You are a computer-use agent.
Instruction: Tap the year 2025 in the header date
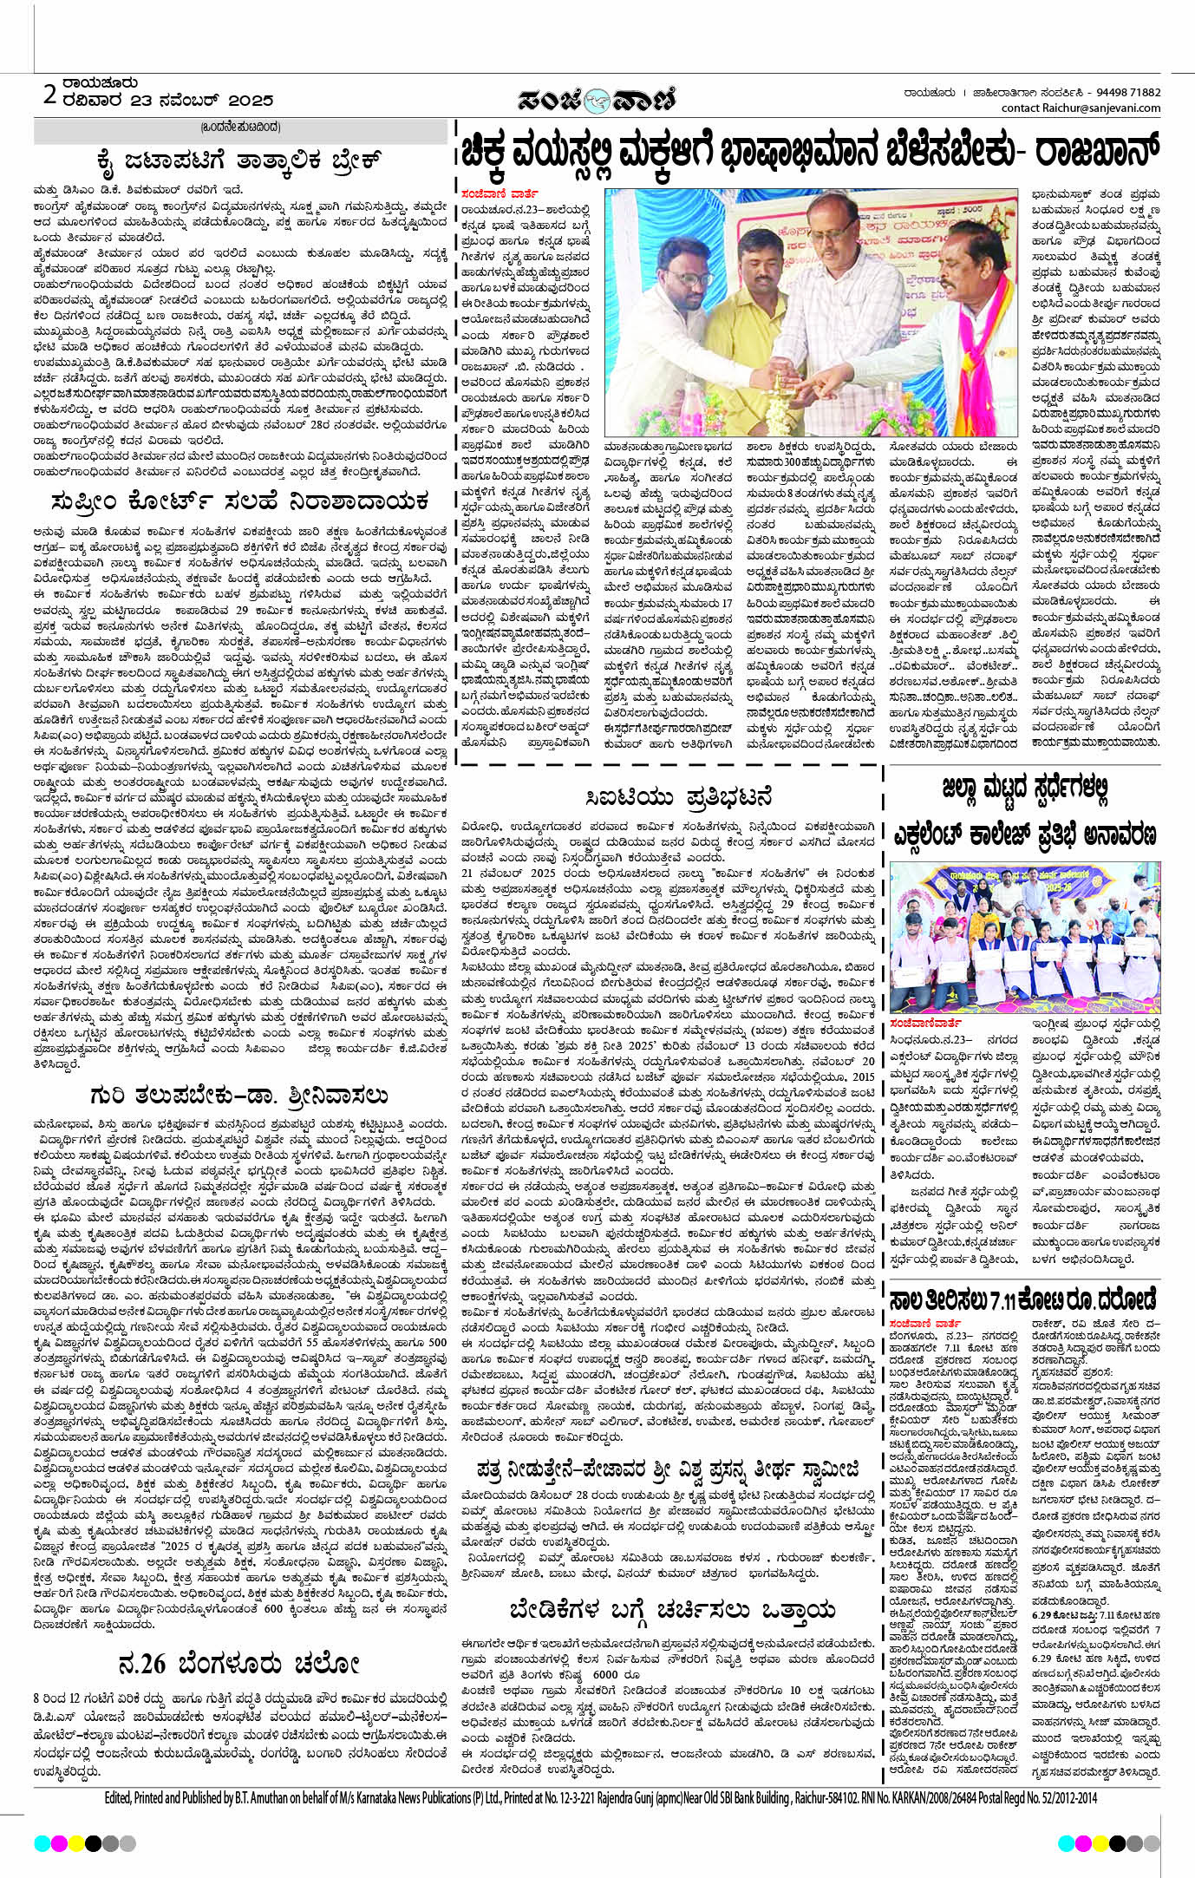point(245,101)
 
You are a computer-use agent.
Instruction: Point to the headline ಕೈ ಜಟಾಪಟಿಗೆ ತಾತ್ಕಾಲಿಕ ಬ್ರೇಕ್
point(240,160)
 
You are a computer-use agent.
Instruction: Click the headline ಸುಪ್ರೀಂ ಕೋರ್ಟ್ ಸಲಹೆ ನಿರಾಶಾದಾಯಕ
point(240,501)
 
